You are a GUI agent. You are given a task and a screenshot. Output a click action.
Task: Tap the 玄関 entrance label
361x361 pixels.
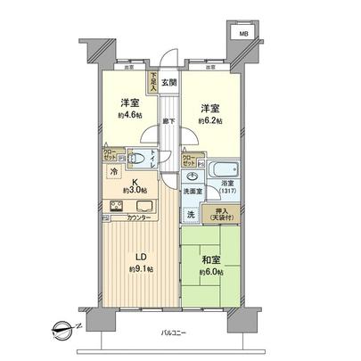pos(168,83)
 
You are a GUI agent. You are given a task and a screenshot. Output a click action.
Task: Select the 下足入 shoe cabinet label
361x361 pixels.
pos(153,83)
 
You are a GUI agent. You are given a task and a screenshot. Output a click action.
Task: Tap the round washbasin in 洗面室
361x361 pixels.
pos(190,175)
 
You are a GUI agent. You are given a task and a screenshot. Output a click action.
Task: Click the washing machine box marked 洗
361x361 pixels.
pos(191,216)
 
